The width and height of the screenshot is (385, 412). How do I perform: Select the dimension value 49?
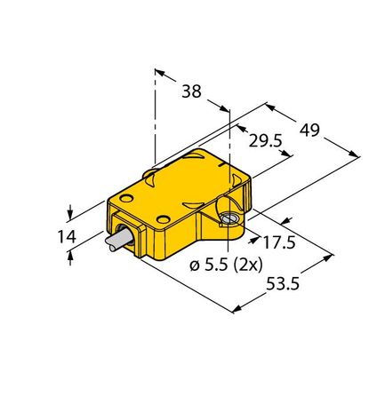tap(309, 131)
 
